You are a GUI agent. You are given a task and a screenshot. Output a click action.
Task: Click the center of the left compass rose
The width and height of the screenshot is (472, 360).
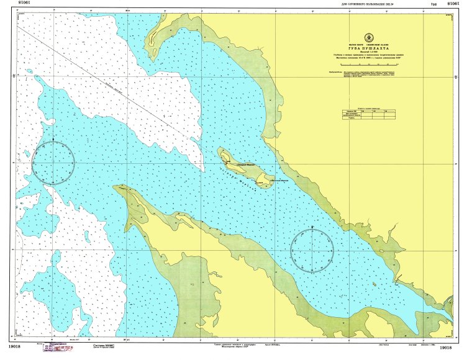53,163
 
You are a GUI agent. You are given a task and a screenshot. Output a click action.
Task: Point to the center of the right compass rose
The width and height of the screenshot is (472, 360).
312,251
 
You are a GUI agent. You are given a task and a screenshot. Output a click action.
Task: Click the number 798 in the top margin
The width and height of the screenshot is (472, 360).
433,4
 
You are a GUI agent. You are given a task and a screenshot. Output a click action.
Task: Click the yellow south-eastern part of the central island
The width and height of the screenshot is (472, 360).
265,181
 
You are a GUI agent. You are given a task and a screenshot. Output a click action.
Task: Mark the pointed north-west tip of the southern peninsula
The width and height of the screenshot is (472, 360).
116,186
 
